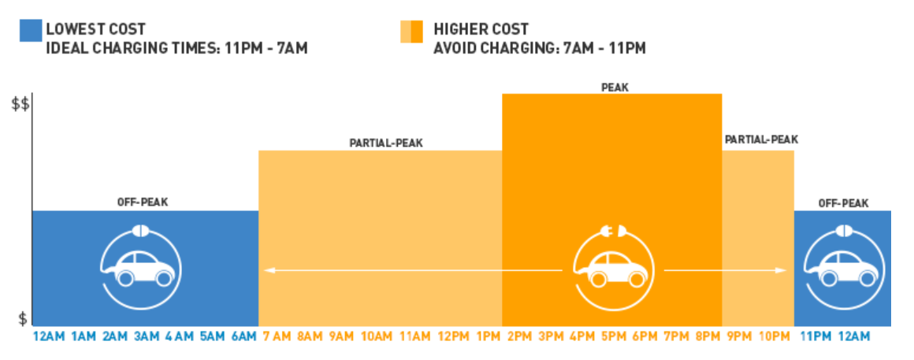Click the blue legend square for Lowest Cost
[x=29, y=30]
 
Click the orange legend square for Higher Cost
[x=411, y=30]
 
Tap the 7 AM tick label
[x=277, y=336]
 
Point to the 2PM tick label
[x=519, y=336]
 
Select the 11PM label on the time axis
[x=814, y=336]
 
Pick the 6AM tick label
[x=243, y=336]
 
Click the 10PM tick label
[x=774, y=336]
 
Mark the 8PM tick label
[x=706, y=336]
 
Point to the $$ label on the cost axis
[x=20, y=106]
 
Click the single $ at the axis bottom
[x=24, y=319]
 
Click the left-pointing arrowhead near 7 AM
[x=269, y=270]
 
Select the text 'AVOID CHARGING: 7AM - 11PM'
[x=540, y=48]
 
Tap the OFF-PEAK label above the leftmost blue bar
[x=143, y=202]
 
